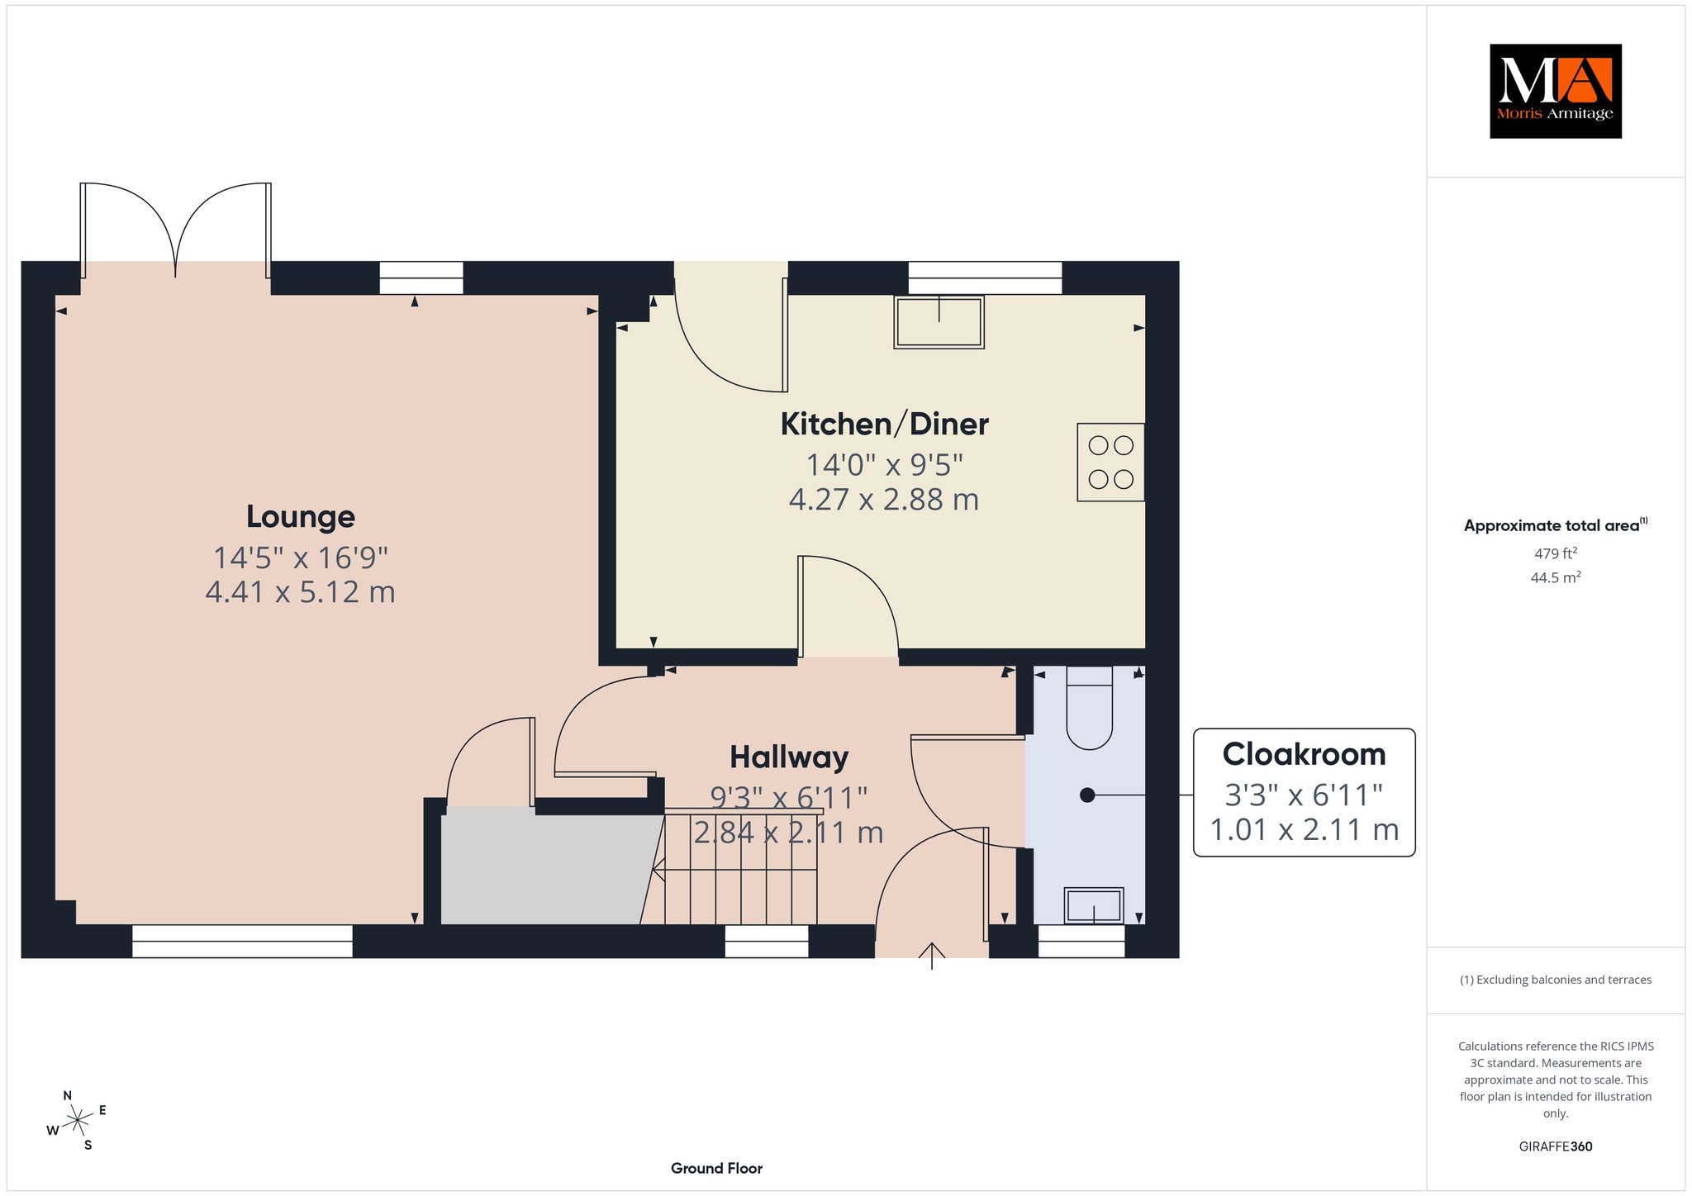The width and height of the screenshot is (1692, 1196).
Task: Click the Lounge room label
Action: point(301,517)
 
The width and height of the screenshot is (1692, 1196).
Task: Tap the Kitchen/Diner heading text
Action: point(884,425)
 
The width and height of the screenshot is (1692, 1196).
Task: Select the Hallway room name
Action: point(789,757)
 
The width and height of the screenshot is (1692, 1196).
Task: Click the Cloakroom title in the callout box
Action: point(1304,754)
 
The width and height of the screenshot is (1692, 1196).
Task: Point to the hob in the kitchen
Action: point(1110,463)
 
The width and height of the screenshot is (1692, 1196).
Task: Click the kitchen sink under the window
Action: point(939,321)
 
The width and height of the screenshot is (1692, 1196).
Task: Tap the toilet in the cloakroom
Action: point(1090,708)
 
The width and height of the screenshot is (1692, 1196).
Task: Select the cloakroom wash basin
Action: point(1093,905)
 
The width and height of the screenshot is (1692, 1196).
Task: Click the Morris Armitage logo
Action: point(1555,91)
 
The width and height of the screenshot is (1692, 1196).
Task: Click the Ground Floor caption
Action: point(716,1168)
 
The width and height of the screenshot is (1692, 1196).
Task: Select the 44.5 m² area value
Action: point(1555,577)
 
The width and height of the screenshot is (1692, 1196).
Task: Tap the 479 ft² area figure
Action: point(1555,553)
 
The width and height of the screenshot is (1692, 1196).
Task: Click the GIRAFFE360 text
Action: point(1555,1146)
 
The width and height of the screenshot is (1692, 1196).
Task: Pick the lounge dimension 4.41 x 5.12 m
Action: point(301,592)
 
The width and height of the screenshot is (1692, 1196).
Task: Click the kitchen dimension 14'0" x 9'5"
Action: point(884,465)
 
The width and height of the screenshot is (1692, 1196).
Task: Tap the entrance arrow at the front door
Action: point(932,956)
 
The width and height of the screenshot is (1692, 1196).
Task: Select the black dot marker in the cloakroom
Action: point(1087,795)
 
